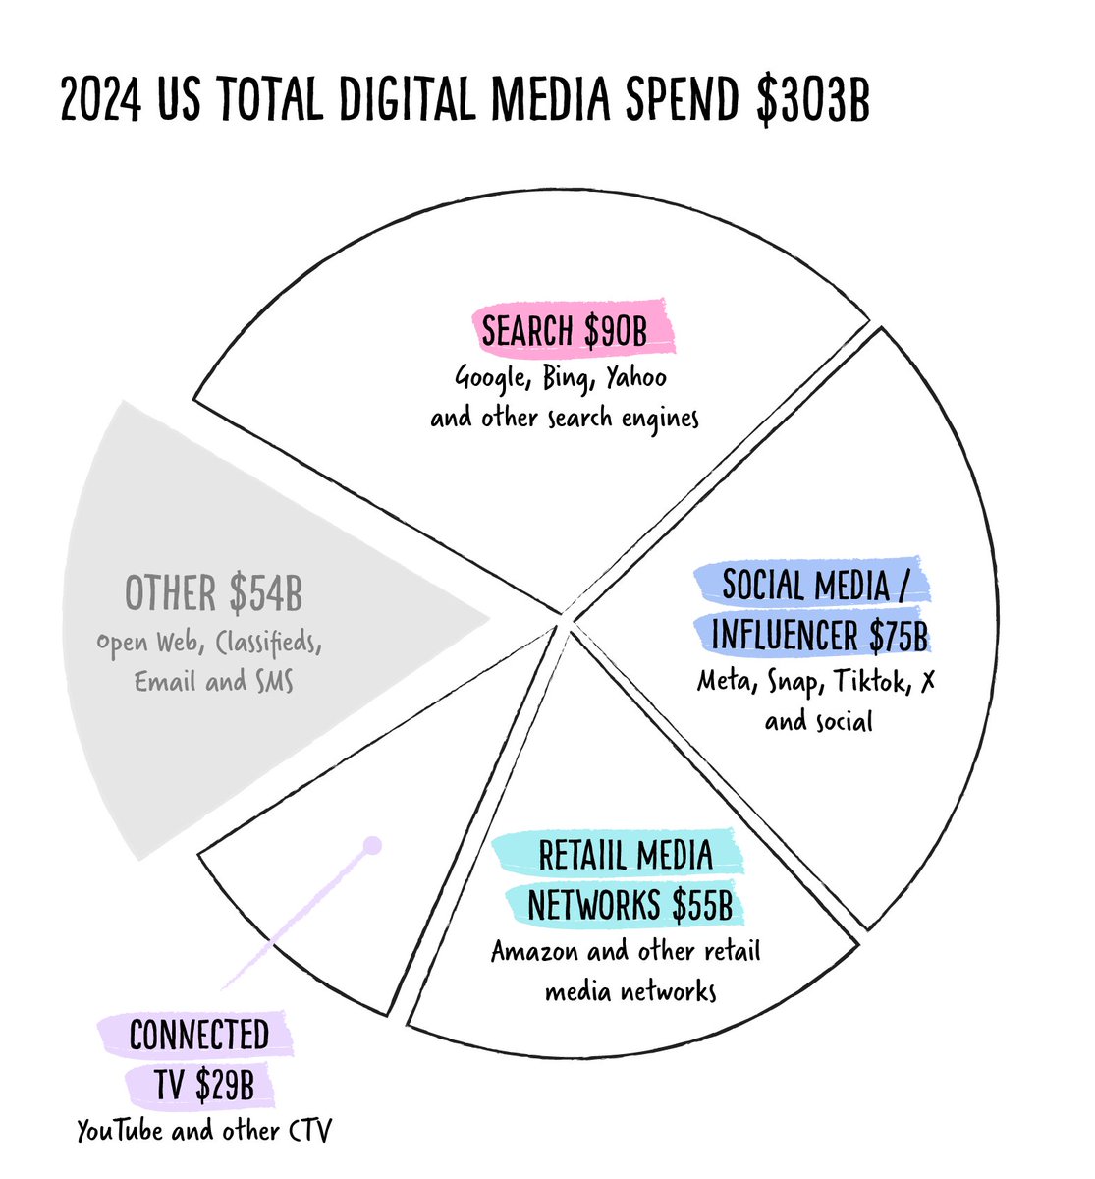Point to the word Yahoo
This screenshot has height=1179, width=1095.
[634, 377]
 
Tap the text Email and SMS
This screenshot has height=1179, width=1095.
[213, 681]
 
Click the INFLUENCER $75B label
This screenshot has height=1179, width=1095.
[818, 636]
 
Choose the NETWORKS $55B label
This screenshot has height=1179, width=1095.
[630, 906]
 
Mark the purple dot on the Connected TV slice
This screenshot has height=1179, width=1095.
[371, 845]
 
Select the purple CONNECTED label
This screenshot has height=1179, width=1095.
[198, 1035]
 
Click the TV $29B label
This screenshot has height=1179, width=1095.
[203, 1085]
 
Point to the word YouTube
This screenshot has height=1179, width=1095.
[120, 1131]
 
